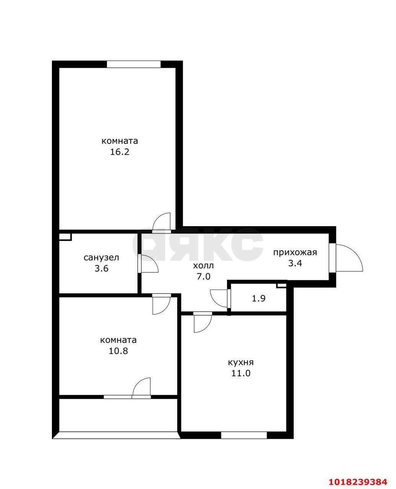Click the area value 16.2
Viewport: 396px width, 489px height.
pyautogui.click(x=120, y=152)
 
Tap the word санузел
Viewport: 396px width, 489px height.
pyautogui.click(x=101, y=257)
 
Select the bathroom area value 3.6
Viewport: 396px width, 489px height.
pyautogui.click(x=101, y=268)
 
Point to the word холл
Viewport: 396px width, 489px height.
pyautogui.click(x=203, y=266)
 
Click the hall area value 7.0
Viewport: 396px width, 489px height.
pyautogui.click(x=203, y=277)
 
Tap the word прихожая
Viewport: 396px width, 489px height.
pyautogui.click(x=295, y=252)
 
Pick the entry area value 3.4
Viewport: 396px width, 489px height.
pyautogui.click(x=295, y=263)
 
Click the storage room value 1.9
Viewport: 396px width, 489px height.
pyautogui.click(x=259, y=298)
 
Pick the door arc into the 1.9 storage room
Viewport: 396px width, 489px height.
pyautogui.click(x=215, y=296)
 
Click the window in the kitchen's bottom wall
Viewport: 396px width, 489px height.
pyautogui.click(x=244, y=436)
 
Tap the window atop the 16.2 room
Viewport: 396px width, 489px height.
pyautogui.click(x=134, y=64)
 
